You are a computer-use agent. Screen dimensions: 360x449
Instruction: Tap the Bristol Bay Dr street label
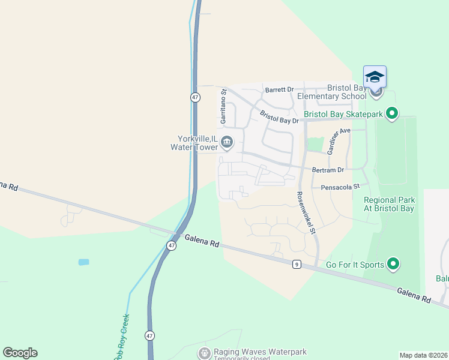tap(279, 117)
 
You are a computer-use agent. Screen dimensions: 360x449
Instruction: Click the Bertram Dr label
tap(328, 170)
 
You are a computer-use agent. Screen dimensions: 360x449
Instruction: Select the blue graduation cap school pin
tap(375, 77)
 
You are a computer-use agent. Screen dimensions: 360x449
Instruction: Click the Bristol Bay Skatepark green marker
tap(392, 113)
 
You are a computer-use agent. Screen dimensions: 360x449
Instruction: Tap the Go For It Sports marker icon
tap(393, 263)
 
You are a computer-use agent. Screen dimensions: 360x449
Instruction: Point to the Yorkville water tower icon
tap(226, 143)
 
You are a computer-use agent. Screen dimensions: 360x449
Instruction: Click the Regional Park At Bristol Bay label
tap(389, 205)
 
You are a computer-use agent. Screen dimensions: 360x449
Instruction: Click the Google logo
tap(20, 353)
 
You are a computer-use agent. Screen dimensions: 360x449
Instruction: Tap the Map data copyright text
tap(423, 355)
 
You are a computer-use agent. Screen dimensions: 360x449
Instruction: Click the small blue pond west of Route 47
tap(83, 262)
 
